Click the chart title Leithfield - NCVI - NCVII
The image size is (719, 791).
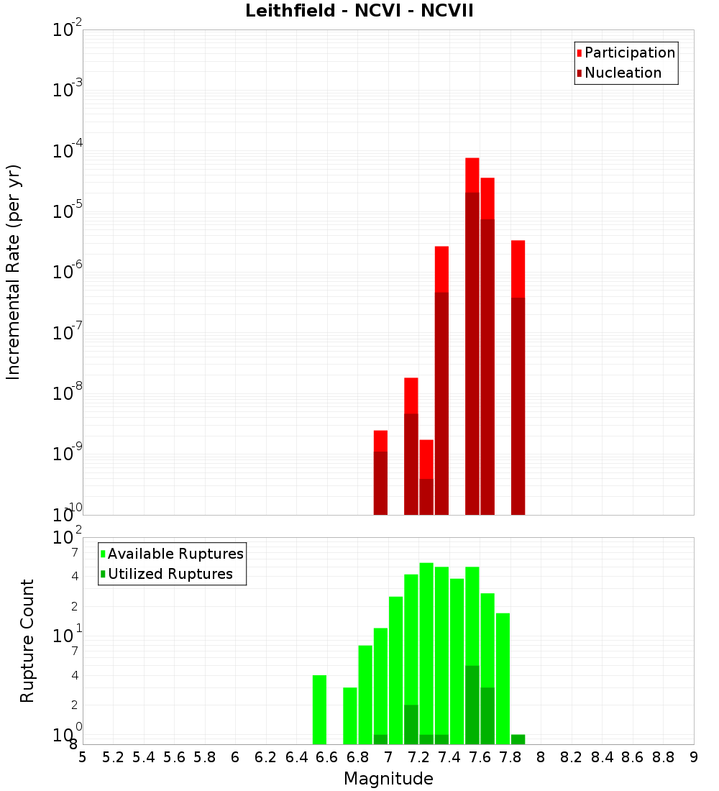click(x=359, y=12)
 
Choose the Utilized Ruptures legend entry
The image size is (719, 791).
click(x=170, y=574)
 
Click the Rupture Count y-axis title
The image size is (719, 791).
click(x=27, y=640)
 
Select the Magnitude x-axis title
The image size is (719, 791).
click(x=388, y=779)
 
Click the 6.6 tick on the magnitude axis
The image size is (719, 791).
click(x=327, y=757)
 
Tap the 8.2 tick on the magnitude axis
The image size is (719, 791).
click(x=572, y=757)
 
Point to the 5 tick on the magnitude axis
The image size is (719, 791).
click(x=83, y=757)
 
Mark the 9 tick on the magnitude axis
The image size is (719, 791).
click(x=694, y=757)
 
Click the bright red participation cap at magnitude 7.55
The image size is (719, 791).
click(x=472, y=175)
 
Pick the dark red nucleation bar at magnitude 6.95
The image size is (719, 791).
click(x=381, y=483)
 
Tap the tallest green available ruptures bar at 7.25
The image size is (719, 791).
click(x=426, y=647)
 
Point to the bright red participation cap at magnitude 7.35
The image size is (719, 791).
click(x=442, y=269)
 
